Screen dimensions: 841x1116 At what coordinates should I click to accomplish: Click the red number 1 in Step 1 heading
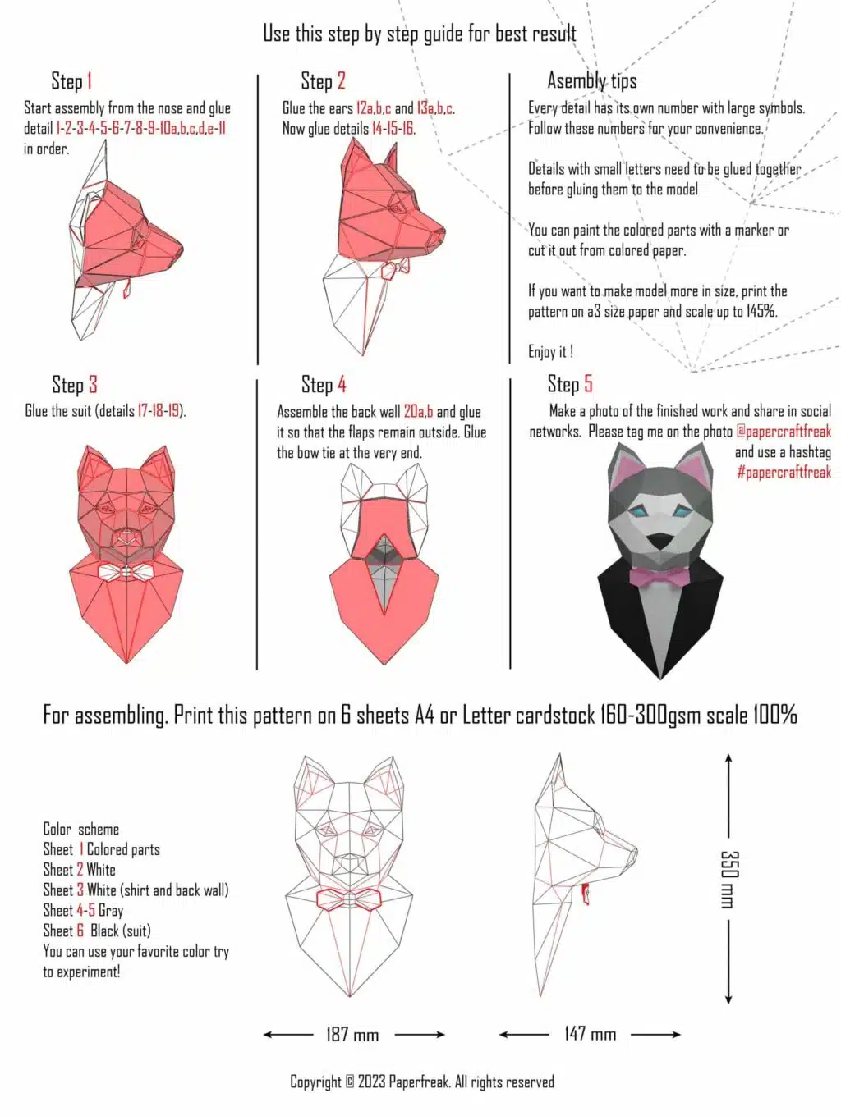point(89,81)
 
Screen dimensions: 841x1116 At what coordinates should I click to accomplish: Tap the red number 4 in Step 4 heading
point(342,384)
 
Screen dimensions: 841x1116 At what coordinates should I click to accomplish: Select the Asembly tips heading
point(591,81)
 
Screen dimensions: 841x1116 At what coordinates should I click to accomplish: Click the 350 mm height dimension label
point(728,879)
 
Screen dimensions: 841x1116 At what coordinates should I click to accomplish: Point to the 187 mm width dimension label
point(352,1034)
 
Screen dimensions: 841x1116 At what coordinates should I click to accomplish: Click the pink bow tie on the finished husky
point(659,577)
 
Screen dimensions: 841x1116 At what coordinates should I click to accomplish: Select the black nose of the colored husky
point(659,541)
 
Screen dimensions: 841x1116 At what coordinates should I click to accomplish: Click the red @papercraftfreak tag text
point(783,432)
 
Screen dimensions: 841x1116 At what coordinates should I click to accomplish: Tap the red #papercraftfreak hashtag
point(784,473)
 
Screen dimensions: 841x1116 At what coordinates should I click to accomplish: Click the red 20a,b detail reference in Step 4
point(418,412)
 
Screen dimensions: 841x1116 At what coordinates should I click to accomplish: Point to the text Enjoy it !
point(550,352)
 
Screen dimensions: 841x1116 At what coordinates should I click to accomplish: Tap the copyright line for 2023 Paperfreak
point(422,1082)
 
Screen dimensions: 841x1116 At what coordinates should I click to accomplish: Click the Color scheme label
point(80,830)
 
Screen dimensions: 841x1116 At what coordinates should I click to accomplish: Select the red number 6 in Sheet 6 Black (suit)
point(80,931)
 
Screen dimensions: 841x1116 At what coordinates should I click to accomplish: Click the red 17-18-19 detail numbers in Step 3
point(159,411)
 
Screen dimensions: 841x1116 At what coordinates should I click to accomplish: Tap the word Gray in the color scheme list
point(111,911)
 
